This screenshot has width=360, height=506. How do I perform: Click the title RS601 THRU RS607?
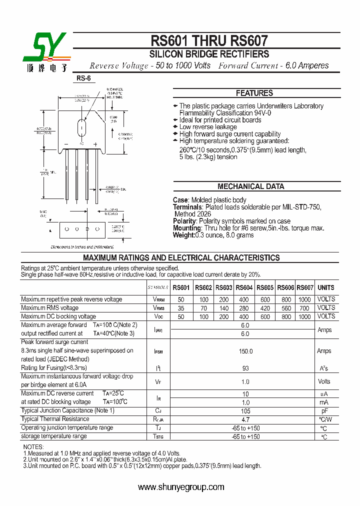(x=209, y=40)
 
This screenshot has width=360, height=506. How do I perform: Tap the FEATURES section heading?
(x=254, y=93)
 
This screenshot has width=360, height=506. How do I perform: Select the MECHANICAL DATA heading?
(x=250, y=186)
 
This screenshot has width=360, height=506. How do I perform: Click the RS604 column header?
(x=244, y=287)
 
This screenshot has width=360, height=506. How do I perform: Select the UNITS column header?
(x=326, y=287)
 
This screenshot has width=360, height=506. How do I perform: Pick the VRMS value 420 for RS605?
(x=265, y=308)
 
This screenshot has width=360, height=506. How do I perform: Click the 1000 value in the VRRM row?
(x=305, y=299)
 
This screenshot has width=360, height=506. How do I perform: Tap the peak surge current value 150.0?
(x=245, y=351)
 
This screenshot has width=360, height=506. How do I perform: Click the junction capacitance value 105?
(x=245, y=411)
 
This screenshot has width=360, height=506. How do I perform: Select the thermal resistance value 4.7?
(x=245, y=419)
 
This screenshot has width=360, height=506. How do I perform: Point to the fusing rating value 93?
(x=245, y=368)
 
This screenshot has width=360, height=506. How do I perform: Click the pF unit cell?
(x=324, y=411)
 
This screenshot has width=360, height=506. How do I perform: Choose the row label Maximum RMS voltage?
(x=49, y=308)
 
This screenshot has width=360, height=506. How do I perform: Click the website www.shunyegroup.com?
(x=180, y=487)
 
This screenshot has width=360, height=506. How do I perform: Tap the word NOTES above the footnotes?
(x=34, y=447)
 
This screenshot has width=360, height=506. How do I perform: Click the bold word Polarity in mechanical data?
(x=184, y=221)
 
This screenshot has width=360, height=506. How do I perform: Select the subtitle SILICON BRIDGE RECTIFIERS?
(x=209, y=54)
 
